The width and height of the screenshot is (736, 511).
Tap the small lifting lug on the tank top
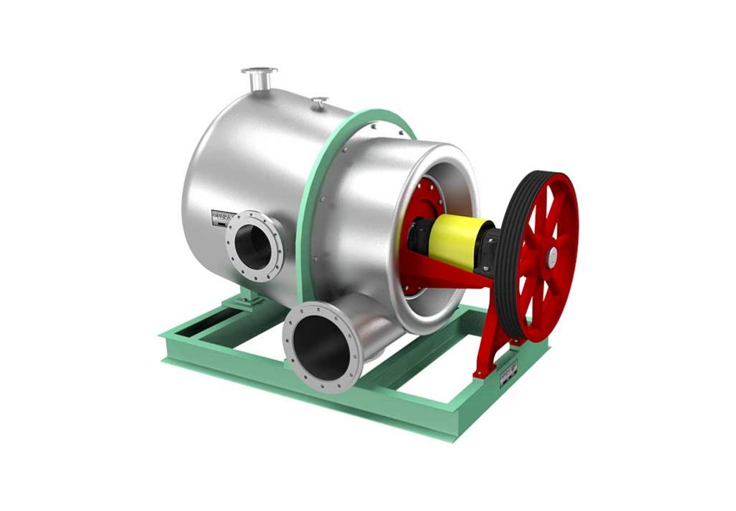pyautogui.click(x=321, y=102)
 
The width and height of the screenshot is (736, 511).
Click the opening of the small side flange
pyautogui.click(x=255, y=247)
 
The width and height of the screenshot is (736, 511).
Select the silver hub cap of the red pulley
pyautogui.click(x=552, y=254)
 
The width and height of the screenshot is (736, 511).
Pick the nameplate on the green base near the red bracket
pyautogui.click(x=509, y=370)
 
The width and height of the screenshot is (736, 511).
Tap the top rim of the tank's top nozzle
pyautogui.click(x=259, y=71)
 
